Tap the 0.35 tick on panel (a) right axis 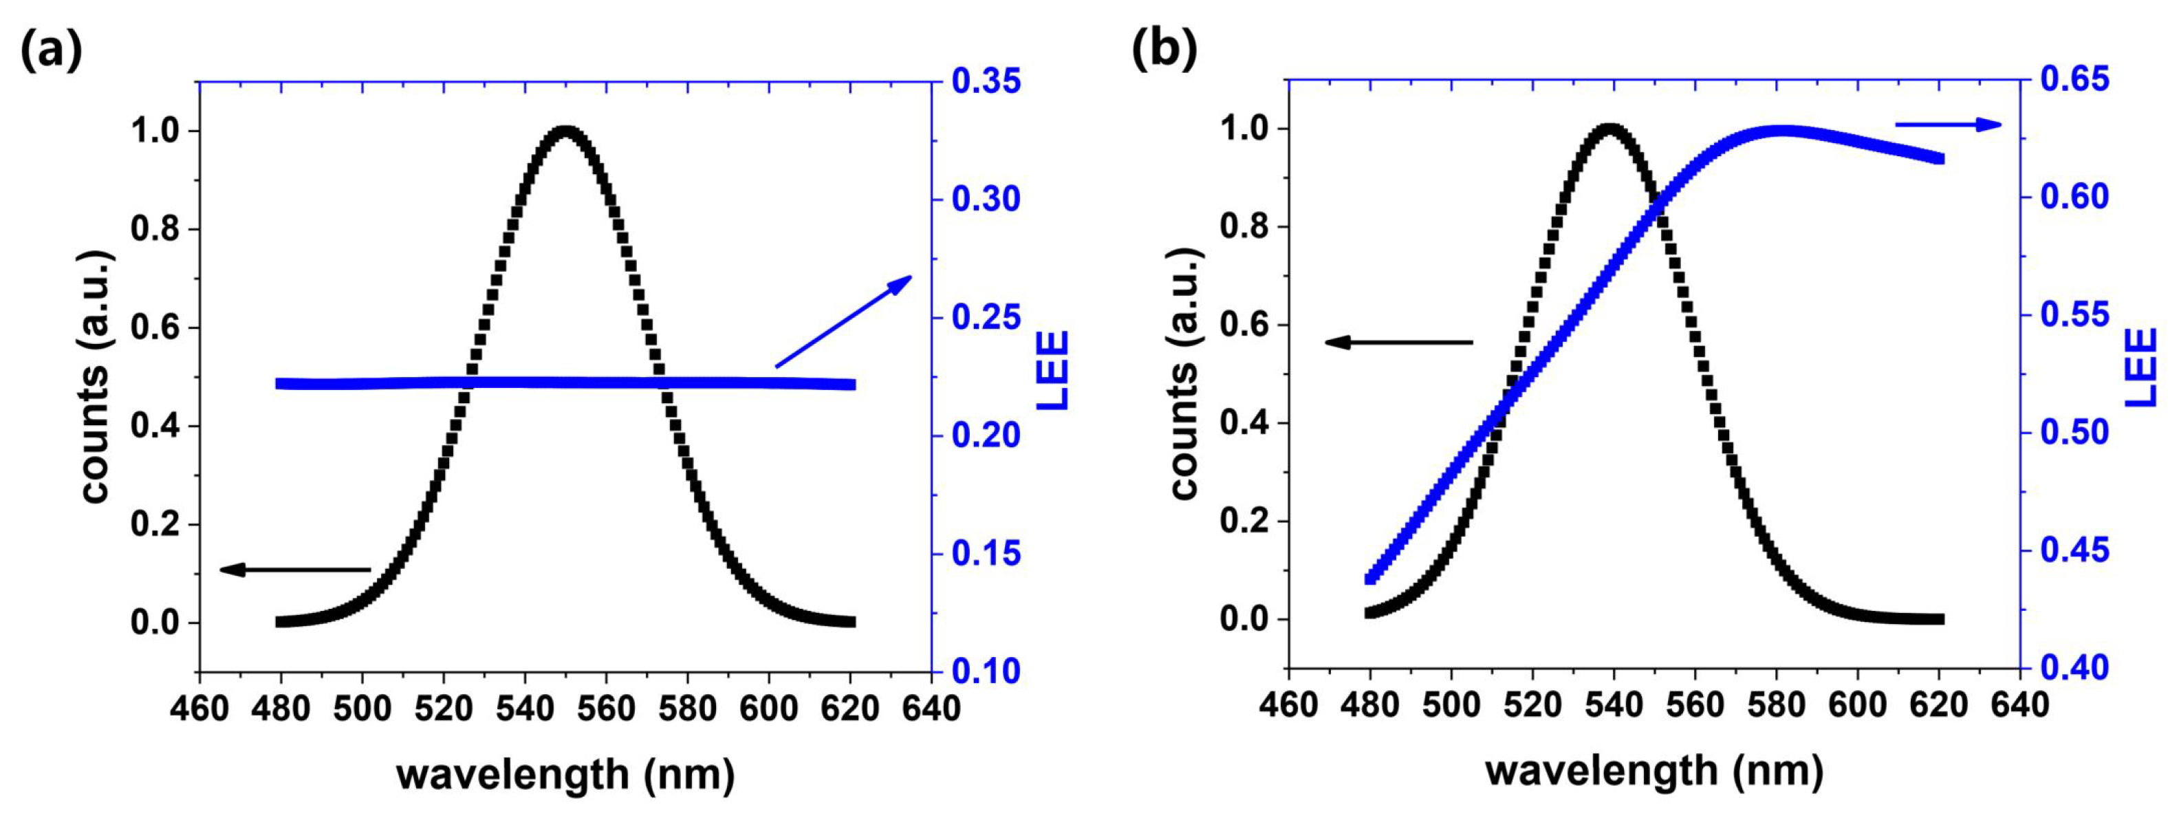coord(986,81)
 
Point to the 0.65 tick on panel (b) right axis coord(2074,78)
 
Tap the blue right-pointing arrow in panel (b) coord(1947,125)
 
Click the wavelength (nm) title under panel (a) coord(565,774)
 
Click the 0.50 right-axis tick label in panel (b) coord(2074,432)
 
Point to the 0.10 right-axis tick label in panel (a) coord(986,671)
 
